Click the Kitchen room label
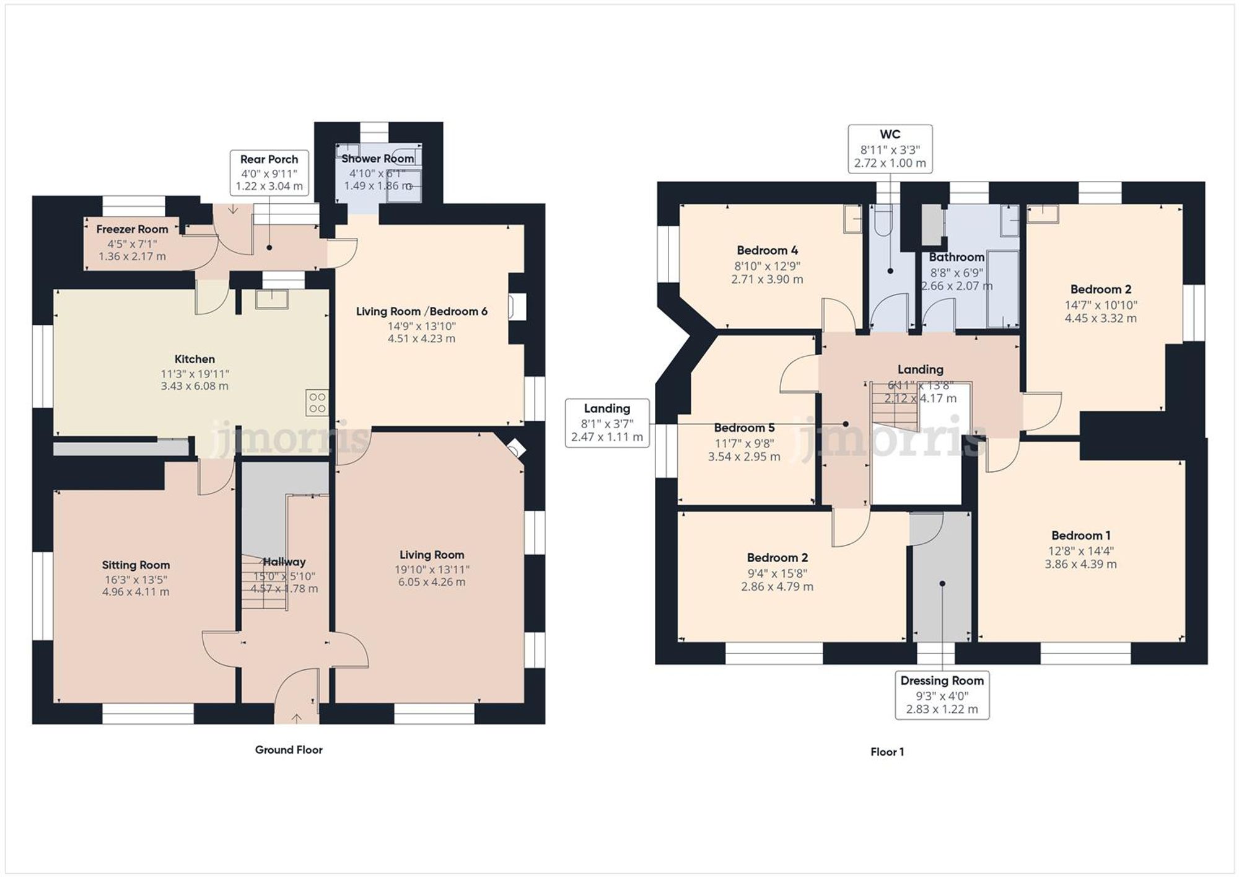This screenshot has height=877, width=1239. [x=195, y=359]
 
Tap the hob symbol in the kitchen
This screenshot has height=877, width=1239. [x=317, y=403]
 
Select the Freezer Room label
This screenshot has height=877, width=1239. [x=132, y=229]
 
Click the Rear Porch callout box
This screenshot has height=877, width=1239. [x=269, y=172]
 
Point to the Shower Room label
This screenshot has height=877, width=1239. [x=377, y=159]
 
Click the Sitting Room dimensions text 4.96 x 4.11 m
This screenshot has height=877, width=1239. [x=136, y=592]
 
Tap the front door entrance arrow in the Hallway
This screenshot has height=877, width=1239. [x=297, y=718]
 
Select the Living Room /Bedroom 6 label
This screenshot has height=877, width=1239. [x=421, y=311]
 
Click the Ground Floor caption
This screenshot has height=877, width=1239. [x=289, y=749]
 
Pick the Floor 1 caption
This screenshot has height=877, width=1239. [x=887, y=752]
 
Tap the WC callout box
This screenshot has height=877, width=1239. [x=890, y=149]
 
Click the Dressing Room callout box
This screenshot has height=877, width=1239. [x=942, y=695]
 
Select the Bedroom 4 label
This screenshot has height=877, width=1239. [x=767, y=250]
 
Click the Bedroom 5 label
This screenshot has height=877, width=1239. [x=744, y=428]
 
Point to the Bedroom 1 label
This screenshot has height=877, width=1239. [x=1080, y=535]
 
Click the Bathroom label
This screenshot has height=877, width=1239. [x=956, y=257]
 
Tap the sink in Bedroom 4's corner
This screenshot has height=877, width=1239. [x=853, y=219]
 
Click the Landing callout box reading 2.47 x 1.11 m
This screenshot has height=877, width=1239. [x=606, y=423]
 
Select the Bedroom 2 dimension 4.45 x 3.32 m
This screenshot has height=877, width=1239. [x=1100, y=319]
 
